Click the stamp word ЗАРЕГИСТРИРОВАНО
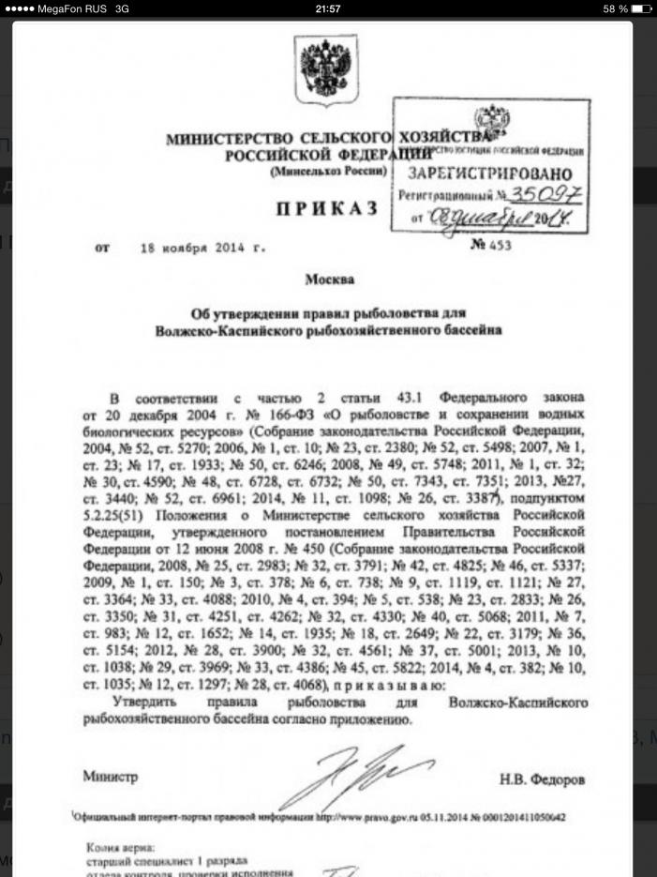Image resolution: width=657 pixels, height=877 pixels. click(490, 174)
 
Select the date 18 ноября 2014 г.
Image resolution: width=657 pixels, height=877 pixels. click(202, 249)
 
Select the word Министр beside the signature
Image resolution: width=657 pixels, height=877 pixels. click(110, 778)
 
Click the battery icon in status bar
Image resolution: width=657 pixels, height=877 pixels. click(641, 8)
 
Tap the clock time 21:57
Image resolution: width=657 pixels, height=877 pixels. click(328, 8)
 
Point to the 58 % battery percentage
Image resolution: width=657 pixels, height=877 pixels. click(615, 8)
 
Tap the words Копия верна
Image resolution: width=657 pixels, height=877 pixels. click(117, 846)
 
